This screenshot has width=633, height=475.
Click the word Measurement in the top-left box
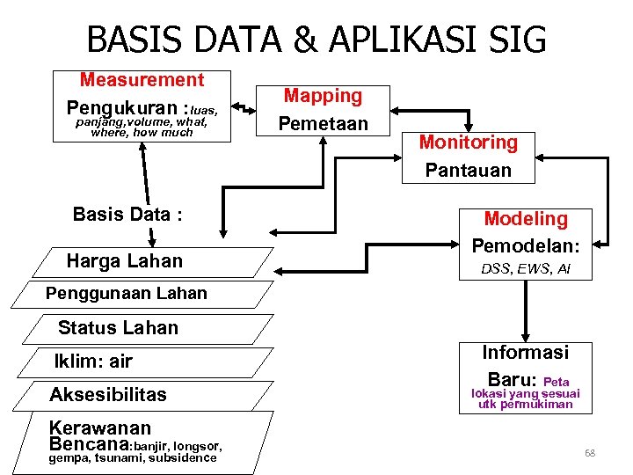[142, 80]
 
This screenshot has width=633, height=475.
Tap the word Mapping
[323, 96]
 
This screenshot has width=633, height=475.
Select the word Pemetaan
[323, 123]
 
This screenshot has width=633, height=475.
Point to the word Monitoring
[468, 142]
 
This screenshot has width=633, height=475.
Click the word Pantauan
[468, 170]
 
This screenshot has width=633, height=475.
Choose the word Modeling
[526, 219]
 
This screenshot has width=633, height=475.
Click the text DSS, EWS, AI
[526, 269]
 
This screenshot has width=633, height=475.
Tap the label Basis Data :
[127, 215]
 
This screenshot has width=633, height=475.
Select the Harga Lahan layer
[125, 261]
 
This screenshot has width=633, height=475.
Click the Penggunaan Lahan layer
[126, 294]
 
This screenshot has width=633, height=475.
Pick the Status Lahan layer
[118, 328]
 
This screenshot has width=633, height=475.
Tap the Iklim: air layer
[93, 361]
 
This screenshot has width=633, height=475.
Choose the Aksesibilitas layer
[108, 394]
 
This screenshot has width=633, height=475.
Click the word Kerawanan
[100, 428]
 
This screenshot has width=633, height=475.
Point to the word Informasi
[525, 353]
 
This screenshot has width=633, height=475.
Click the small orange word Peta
[557, 383]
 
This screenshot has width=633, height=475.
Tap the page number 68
[590, 453]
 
